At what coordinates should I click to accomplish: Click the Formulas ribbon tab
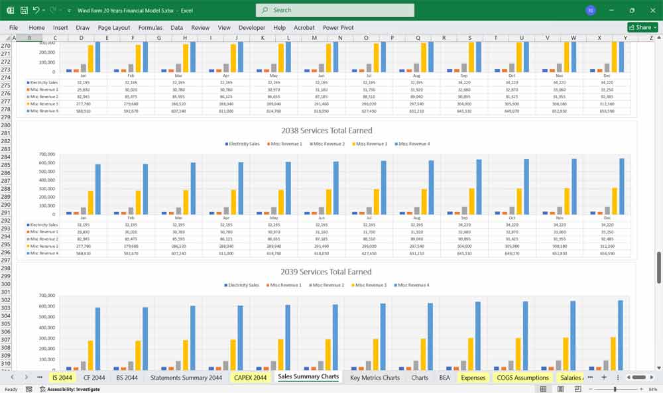pos(150,28)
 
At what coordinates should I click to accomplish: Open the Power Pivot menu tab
pos(338,28)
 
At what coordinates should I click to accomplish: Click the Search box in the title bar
pos(335,10)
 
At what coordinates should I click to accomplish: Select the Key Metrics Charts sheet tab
pos(375,378)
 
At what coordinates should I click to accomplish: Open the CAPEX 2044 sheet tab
pos(250,378)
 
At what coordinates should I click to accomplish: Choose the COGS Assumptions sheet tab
pos(523,378)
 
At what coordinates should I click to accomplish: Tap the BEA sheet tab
pos(444,378)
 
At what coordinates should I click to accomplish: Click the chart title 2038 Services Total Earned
pos(326,131)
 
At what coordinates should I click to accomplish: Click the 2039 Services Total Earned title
pos(326,272)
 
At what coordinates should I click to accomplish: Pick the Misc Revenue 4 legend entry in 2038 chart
pos(412,144)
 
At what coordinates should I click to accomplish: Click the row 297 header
pos(6,260)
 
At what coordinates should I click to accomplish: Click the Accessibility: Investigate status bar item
pos(70,389)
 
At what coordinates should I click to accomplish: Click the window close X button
pos(650,10)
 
